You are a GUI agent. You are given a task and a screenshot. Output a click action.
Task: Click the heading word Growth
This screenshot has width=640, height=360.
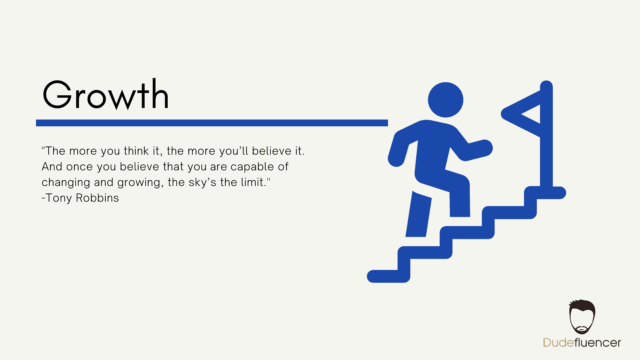point(106,95)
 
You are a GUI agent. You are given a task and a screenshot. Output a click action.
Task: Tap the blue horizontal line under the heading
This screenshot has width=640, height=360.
point(212,123)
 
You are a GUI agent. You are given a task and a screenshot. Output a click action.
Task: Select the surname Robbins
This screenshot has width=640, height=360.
point(97,198)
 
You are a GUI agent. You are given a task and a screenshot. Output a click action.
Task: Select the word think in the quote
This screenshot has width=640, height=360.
point(136,151)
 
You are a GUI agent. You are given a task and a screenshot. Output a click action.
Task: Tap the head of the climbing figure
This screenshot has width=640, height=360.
point(445,100)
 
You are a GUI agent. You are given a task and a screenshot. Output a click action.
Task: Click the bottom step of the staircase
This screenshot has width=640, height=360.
point(388,276)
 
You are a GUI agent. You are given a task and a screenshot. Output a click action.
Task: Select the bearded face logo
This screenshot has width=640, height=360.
point(582,317)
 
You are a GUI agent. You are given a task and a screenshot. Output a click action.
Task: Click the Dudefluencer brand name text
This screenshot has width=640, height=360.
point(582,343)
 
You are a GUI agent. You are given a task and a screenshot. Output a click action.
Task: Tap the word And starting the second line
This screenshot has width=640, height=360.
point(52,167)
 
